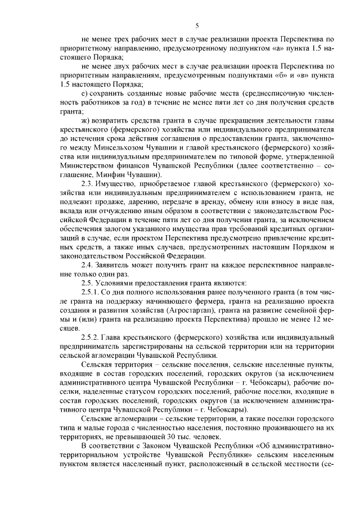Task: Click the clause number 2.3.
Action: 89,183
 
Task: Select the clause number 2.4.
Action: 89,264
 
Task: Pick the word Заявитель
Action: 120,264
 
